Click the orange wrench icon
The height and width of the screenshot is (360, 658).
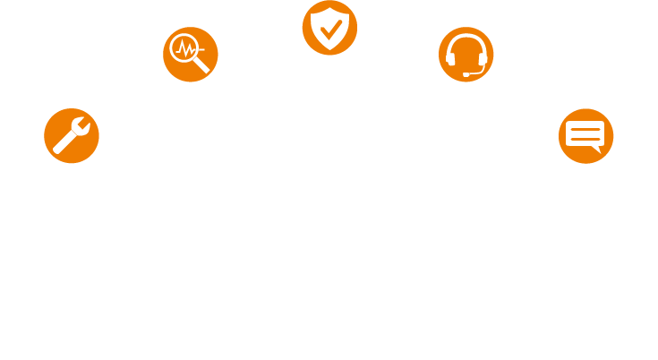click(x=71, y=136)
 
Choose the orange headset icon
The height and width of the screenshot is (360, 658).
click(x=466, y=55)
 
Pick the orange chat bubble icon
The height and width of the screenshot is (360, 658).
click(x=585, y=136)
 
